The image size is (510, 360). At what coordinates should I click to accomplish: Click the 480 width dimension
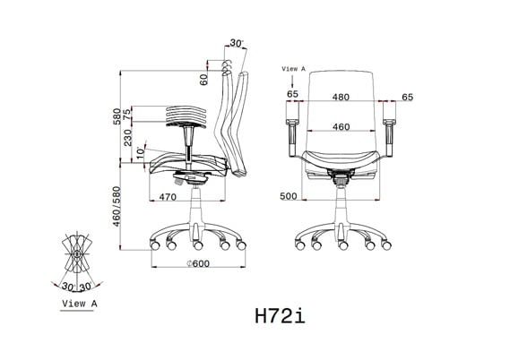point(341,96)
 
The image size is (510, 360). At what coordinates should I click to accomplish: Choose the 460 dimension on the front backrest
point(341,127)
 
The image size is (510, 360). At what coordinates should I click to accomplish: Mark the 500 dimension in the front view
point(288,196)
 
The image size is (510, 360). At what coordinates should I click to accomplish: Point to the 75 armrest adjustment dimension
point(128,113)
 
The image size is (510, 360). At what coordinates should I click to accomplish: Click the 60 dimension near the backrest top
point(204,80)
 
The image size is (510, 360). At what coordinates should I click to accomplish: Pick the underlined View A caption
point(79,304)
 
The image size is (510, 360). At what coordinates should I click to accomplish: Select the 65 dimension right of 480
point(408,96)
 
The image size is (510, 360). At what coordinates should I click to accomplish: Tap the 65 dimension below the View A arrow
point(293,94)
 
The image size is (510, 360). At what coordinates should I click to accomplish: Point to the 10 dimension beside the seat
point(140,152)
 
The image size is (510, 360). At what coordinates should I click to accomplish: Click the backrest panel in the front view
point(341,107)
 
